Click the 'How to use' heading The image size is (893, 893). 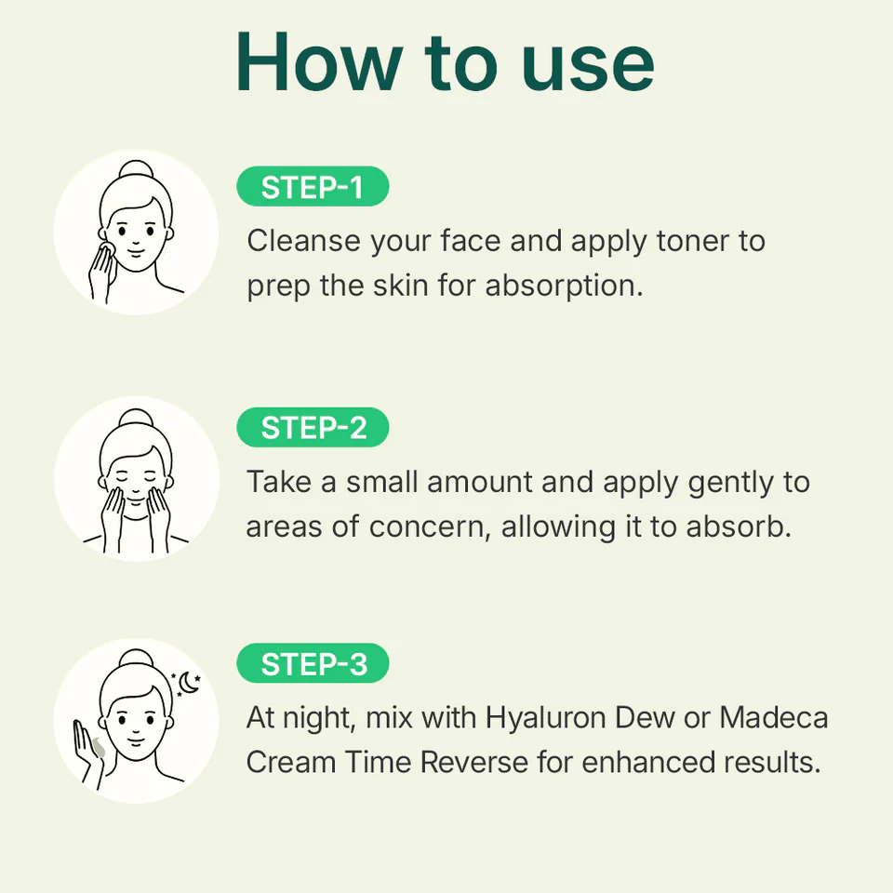[445, 61]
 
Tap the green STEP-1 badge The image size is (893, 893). [313, 186]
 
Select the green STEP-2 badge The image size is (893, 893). [313, 427]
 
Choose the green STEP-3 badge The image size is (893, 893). [313, 663]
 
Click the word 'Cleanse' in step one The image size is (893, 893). [303, 240]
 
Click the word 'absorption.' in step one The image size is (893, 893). [564, 286]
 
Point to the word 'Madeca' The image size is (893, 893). [773, 717]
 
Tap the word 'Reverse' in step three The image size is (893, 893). [473, 762]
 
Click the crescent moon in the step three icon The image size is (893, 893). [189, 683]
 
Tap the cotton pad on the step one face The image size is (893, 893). [106, 250]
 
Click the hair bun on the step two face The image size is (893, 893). [136, 419]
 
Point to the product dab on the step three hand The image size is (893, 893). [99, 747]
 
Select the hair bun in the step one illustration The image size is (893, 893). [136, 170]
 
